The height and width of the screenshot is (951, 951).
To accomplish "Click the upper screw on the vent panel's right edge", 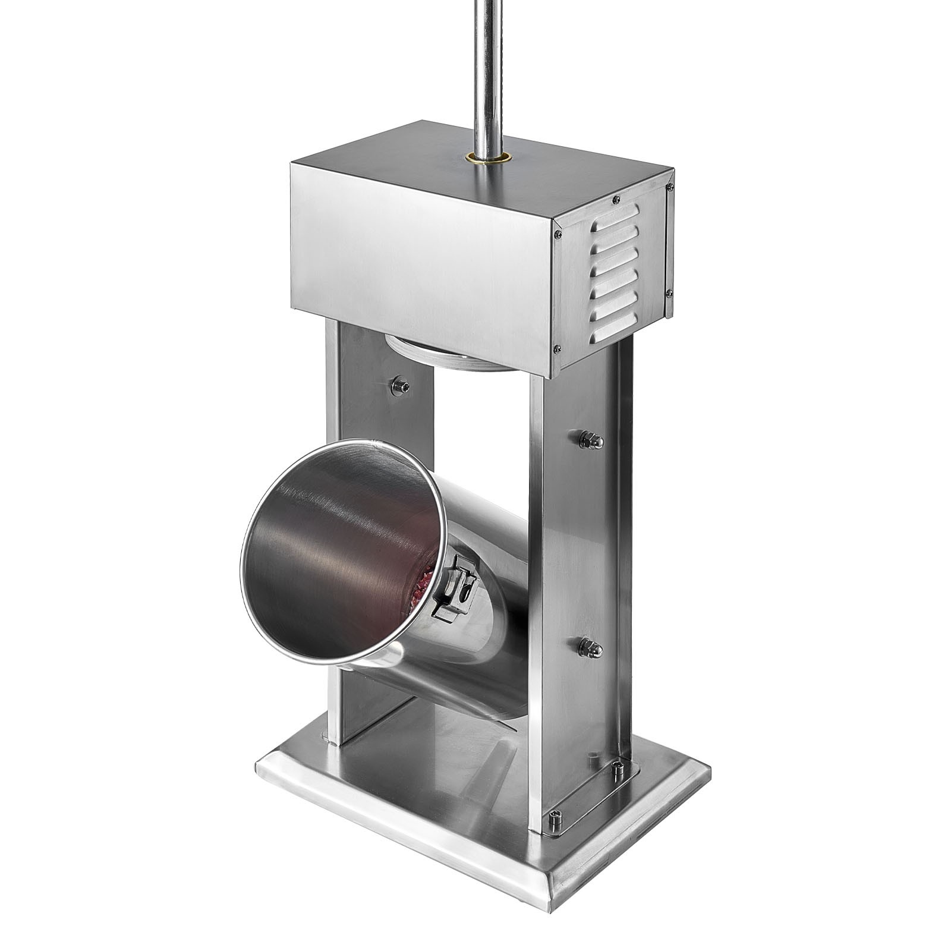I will [x=670, y=188].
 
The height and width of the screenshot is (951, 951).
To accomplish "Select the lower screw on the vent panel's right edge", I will [x=669, y=292].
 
